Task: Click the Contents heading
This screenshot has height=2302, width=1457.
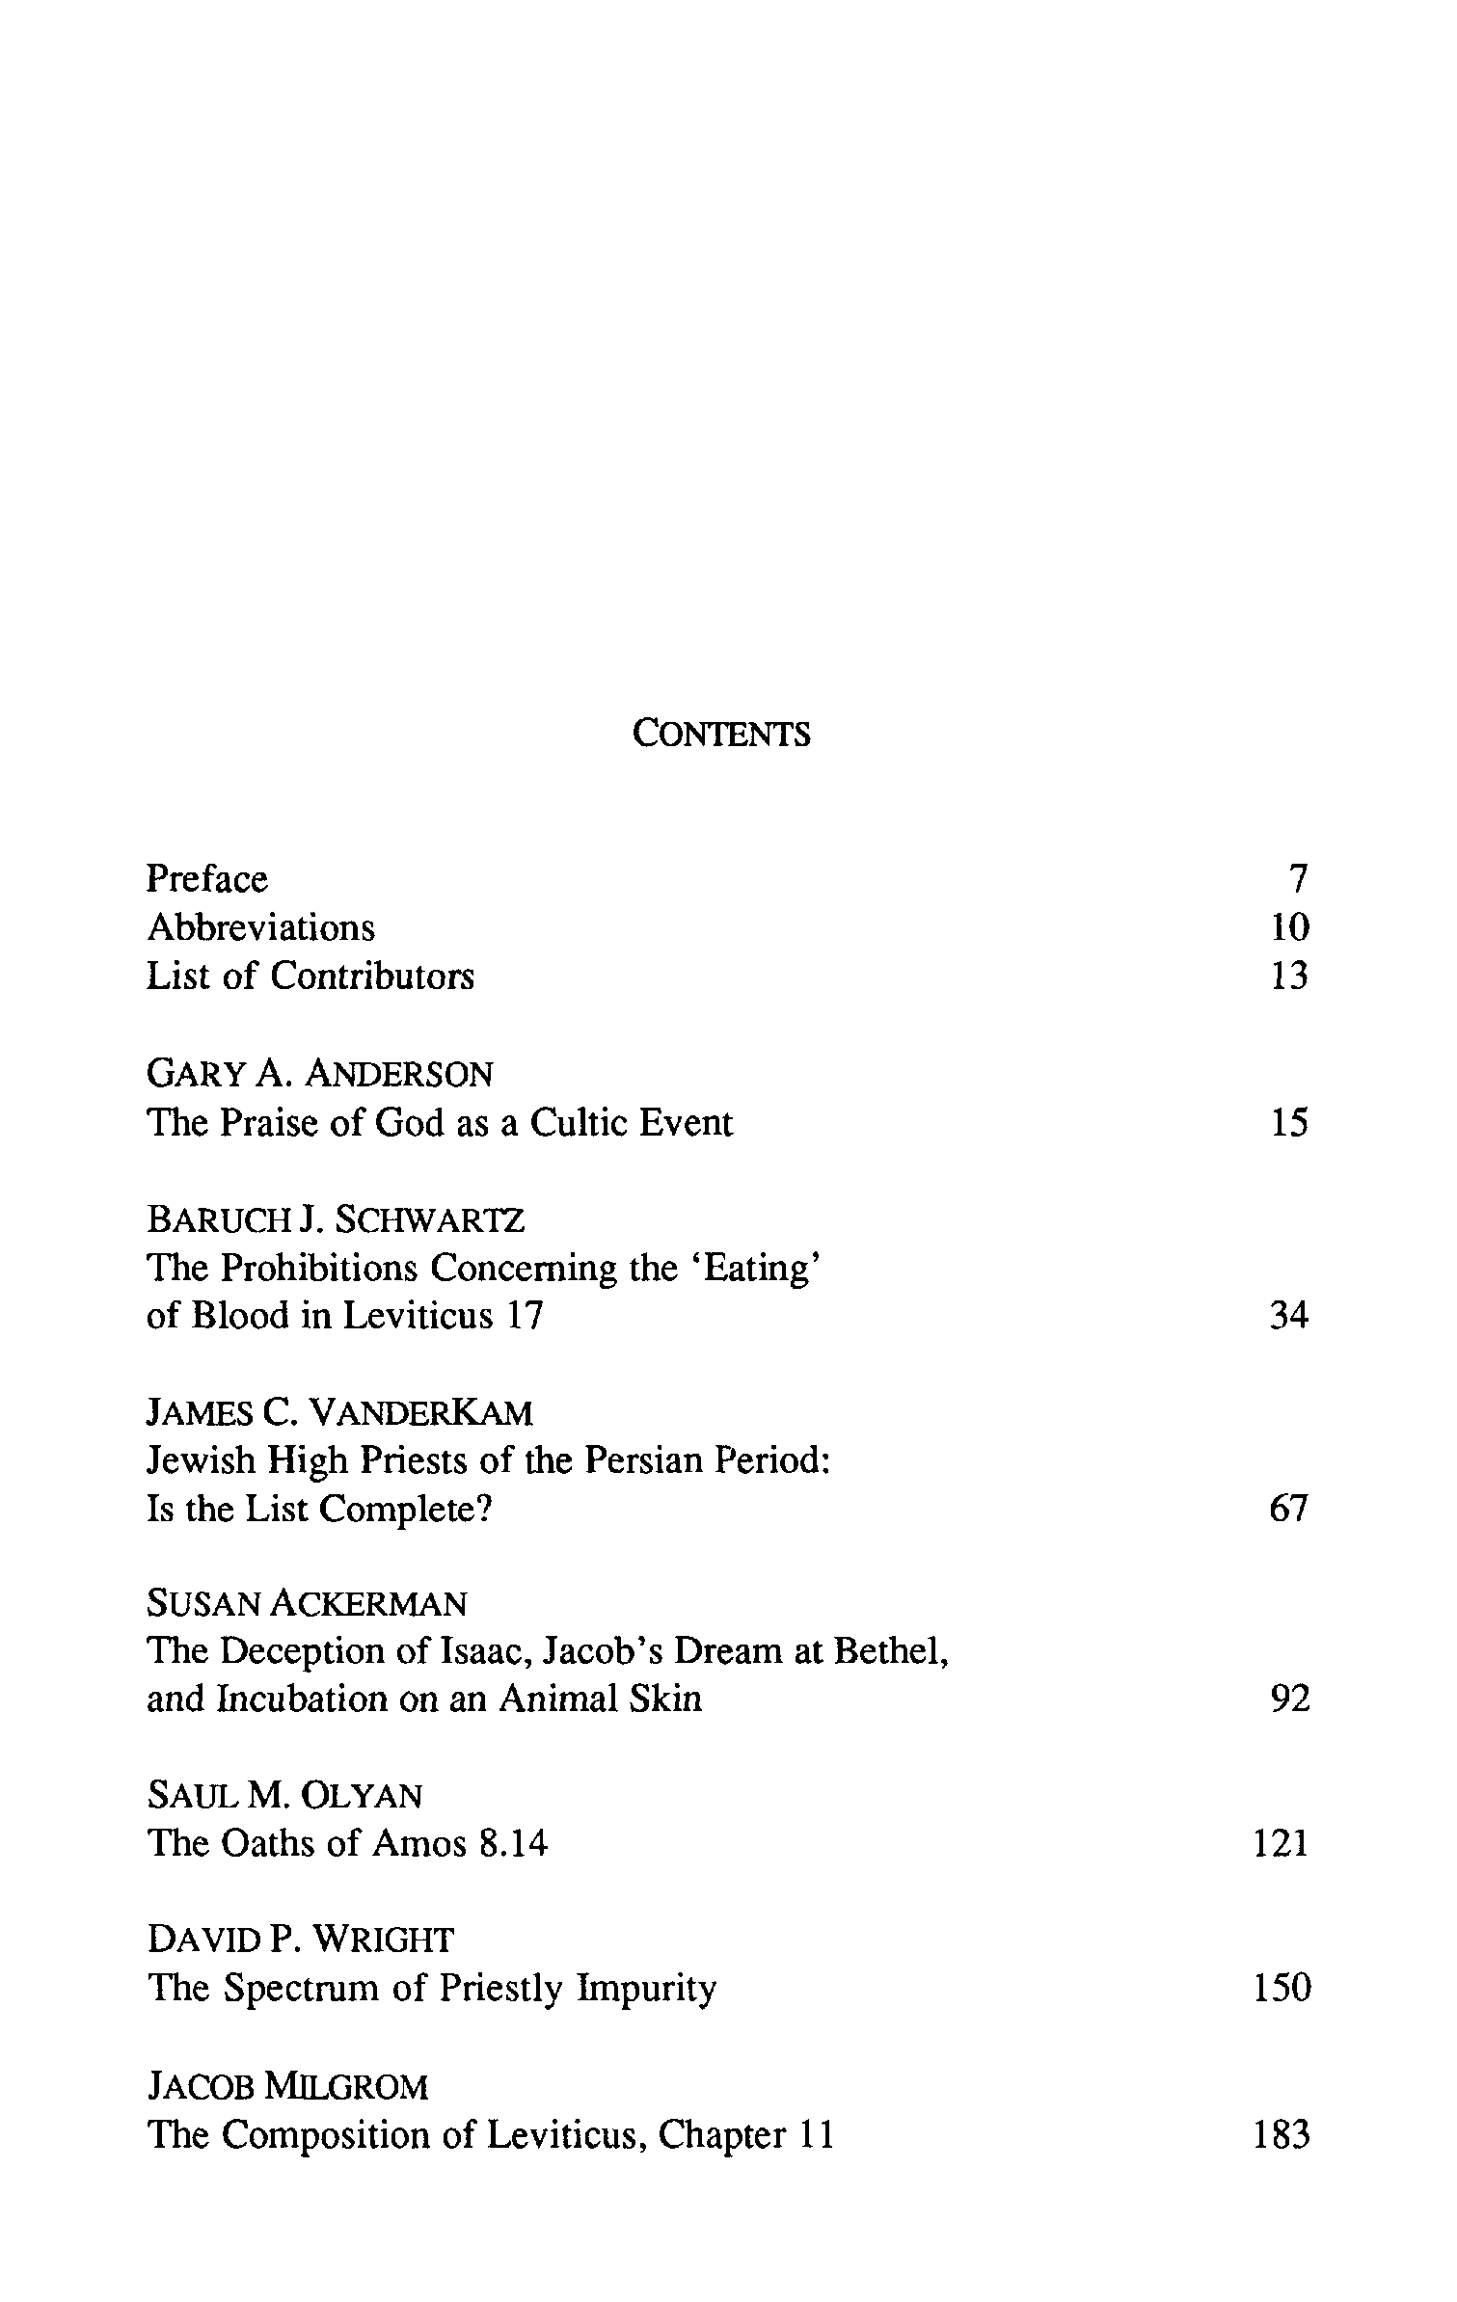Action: click(721, 735)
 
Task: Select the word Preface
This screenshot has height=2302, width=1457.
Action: click(207, 879)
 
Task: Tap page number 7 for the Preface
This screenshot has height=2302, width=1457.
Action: click(1298, 879)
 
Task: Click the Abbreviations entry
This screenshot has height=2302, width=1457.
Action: click(260, 927)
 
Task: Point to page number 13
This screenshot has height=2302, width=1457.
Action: click(1289, 977)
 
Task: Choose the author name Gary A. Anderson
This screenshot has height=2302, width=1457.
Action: click(319, 1074)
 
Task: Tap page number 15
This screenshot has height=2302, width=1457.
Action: click(1289, 1123)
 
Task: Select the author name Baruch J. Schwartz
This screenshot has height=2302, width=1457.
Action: click(336, 1220)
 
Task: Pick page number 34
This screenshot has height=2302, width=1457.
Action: click(1289, 1316)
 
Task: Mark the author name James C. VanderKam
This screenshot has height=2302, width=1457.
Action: click(339, 1413)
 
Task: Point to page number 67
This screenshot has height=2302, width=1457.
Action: click(1289, 1510)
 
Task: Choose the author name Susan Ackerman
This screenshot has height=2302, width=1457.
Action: click(307, 1604)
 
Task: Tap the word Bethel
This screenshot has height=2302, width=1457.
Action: click(891, 1652)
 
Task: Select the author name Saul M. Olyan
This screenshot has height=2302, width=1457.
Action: click(284, 1796)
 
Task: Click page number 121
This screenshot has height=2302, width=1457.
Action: click(1282, 1844)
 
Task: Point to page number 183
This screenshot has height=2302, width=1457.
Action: click(1282, 2135)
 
